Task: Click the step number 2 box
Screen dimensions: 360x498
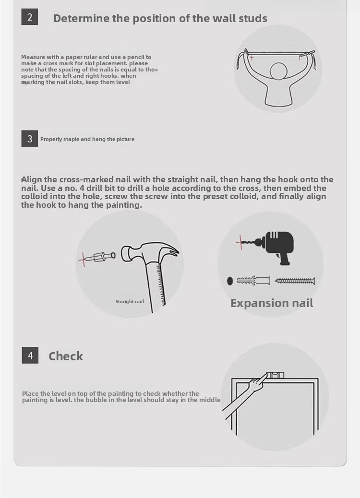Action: coord(30,17)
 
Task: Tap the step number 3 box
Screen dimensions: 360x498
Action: coord(30,139)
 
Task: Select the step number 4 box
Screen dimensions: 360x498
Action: coord(30,355)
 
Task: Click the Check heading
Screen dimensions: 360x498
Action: coord(66,356)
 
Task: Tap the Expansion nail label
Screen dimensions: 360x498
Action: coord(272,303)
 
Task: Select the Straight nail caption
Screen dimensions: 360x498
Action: coord(130,301)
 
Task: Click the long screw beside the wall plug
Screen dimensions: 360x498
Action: coord(295,281)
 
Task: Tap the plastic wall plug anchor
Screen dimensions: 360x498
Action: coord(253,281)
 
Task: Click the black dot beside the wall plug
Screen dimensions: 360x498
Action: coord(230,281)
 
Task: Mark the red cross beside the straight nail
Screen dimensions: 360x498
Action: coord(84,259)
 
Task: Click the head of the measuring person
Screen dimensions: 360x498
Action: coord(279,71)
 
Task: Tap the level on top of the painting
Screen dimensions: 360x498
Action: coord(275,375)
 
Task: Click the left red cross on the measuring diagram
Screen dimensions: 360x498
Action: coord(252,58)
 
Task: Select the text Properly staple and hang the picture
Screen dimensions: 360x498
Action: coord(87,139)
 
